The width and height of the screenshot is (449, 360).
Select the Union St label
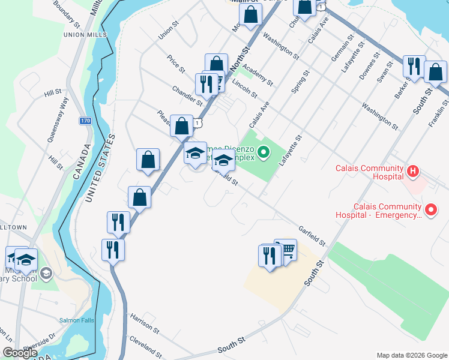pyautogui.click(x=169, y=32)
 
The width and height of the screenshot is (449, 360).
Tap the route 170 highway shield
pyautogui.click(x=86, y=121)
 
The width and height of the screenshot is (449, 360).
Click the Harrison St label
pyautogui.click(x=144, y=323)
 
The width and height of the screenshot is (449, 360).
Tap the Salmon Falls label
pyautogui.click(x=76, y=320)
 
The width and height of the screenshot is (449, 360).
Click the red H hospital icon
pyautogui.click(x=413, y=172)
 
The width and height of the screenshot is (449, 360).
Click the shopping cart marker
pyautogui.click(x=288, y=248)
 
